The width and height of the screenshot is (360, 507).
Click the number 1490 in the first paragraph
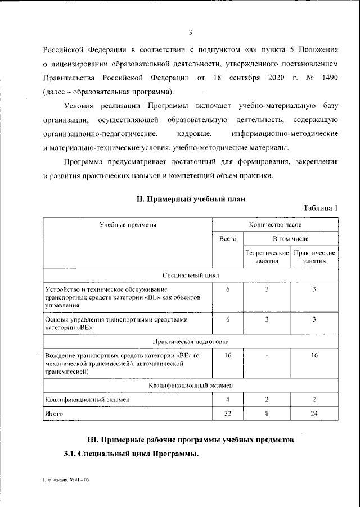pyautogui.click(x=327, y=77)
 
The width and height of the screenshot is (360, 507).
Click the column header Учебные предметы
pyautogui.click(x=128, y=224)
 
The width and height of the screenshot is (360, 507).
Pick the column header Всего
pyautogui.click(x=227, y=239)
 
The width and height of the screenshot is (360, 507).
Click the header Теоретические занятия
pyautogui.click(x=267, y=257)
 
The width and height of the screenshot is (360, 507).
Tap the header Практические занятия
pyautogui.click(x=314, y=257)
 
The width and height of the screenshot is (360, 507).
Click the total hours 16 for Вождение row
pyautogui.click(x=228, y=356)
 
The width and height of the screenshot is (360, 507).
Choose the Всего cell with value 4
pyautogui.click(x=228, y=399)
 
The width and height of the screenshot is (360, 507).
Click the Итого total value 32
pyautogui.click(x=228, y=414)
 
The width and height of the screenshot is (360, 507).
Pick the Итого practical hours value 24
pyautogui.click(x=314, y=414)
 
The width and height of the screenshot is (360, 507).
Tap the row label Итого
pyautogui.click(x=55, y=414)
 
